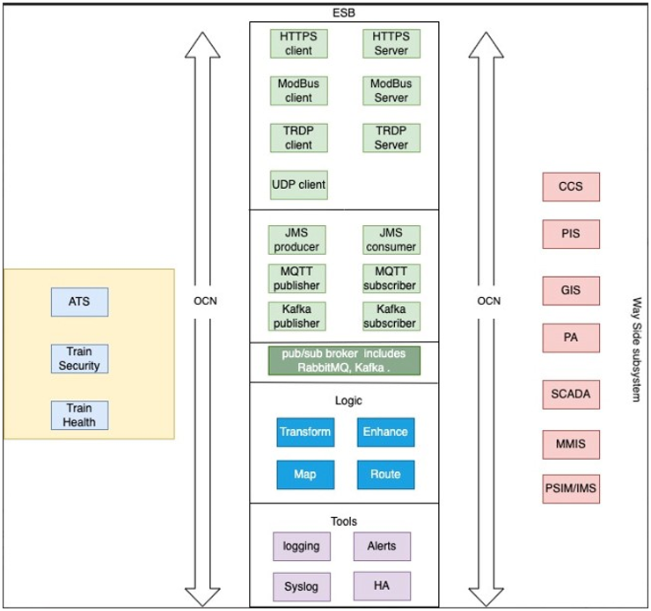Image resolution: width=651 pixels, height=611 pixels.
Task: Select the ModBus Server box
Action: click(x=391, y=91)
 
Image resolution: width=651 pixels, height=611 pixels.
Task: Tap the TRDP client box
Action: click(x=298, y=138)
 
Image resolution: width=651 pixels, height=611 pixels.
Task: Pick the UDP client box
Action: click(x=298, y=185)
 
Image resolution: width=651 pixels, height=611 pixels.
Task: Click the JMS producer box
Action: click(x=296, y=239)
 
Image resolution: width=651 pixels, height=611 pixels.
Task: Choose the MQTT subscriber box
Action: click(x=391, y=278)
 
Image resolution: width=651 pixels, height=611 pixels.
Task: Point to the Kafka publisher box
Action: click(x=296, y=316)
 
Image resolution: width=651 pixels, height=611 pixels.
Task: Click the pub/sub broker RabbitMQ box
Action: click(x=344, y=360)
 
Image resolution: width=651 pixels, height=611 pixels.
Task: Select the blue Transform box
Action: click(x=305, y=432)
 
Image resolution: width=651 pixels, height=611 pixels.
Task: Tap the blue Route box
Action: click(x=385, y=475)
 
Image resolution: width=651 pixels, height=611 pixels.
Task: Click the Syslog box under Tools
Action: click(x=301, y=586)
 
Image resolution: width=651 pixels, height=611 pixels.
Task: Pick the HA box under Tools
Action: click(x=382, y=586)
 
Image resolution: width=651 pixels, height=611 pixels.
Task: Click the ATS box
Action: click(x=79, y=302)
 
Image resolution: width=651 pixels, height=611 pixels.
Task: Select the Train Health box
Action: click(x=79, y=415)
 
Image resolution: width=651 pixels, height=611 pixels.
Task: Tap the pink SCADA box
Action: click(x=571, y=395)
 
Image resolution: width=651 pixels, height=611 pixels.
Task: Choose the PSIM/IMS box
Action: click(x=571, y=488)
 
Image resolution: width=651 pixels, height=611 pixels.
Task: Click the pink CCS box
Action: click(x=571, y=187)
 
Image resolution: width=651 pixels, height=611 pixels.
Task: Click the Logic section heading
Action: click(x=348, y=401)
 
